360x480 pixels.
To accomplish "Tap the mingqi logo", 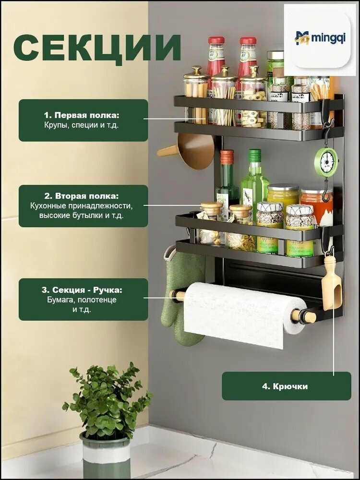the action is [320, 38].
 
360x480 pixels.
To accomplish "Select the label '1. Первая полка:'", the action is [82, 115].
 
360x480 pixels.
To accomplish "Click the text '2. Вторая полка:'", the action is [82, 196].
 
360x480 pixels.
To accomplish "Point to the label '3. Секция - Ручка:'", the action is [82, 290].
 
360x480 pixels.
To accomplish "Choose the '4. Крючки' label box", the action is [286, 386].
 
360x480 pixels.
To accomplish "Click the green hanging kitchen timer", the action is [326, 162].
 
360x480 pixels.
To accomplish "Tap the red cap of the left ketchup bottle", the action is [216, 40].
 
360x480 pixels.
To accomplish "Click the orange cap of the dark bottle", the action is [227, 157].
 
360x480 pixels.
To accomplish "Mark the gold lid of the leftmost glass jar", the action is [196, 73].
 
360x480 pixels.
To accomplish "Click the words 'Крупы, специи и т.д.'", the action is [81, 125].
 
